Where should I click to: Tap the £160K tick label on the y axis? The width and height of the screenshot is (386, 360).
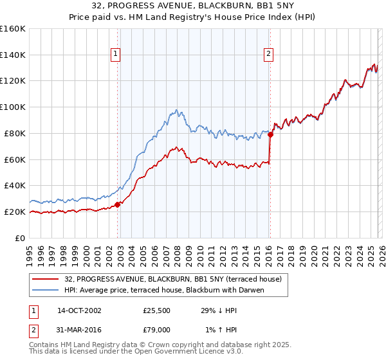(13, 29)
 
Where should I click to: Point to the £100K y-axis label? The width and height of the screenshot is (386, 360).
(13, 107)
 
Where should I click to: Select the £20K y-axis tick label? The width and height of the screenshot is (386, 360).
(15, 212)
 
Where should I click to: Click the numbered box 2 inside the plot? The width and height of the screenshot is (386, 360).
(268, 55)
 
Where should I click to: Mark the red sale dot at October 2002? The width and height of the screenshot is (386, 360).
(118, 204)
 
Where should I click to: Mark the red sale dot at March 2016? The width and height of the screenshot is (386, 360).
(270, 134)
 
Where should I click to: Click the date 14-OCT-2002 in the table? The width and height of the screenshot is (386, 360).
(79, 310)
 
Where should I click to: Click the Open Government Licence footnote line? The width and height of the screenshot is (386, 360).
(136, 352)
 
